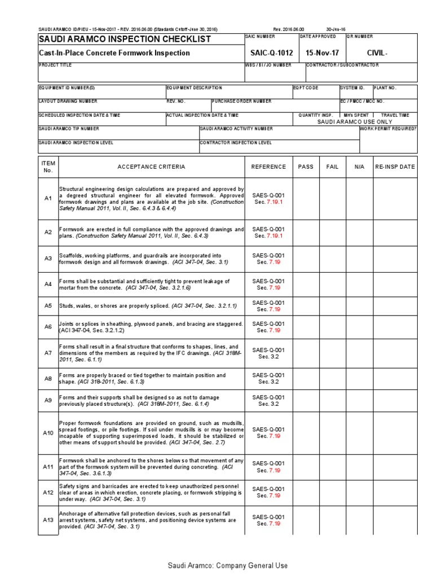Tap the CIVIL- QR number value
pos(377,53)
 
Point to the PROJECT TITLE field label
pos(56,65)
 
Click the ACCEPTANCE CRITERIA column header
pos(151,167)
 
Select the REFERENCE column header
pos(268,167)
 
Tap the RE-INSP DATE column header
pos(395,167)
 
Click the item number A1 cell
pos(48,199)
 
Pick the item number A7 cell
pos(48,353)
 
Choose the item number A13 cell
pos(48,520)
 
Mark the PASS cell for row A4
pos(306,284)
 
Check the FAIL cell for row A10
pos(332,433)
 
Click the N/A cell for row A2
pos(360,232)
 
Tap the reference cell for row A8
pos(268,379)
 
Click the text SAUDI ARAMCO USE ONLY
pos(354,121)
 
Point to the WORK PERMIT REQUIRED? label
pos(389,129)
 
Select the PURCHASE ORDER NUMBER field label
pos(242,101)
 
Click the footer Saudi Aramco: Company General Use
pos(228,566)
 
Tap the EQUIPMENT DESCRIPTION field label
pos(195,87)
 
